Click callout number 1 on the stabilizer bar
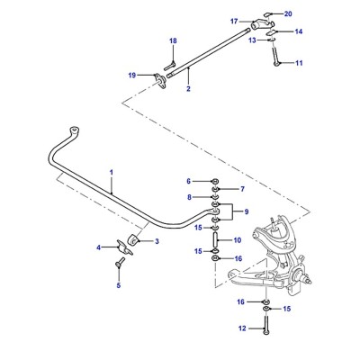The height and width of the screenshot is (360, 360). point(112,173)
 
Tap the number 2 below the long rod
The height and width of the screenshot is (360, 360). point(188,89)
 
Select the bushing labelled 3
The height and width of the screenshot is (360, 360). point(132,240)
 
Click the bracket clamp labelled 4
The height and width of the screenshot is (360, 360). point(125,247)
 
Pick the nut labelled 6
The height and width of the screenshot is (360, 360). point(215,181)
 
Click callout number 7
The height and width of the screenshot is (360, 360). point(242,189)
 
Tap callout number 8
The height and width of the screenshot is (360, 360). point(189,197)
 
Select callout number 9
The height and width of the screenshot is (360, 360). point(247,211)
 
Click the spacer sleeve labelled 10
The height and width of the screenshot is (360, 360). point(215,239)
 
